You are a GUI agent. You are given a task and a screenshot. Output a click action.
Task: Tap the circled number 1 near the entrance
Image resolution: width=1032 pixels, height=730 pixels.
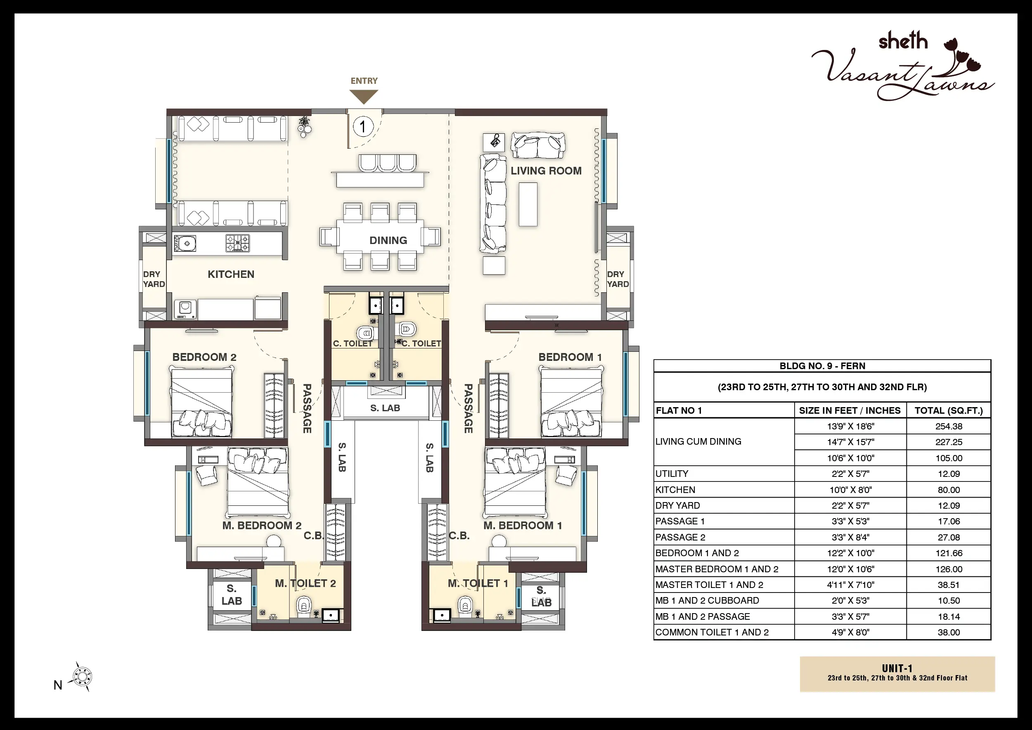point(363,126)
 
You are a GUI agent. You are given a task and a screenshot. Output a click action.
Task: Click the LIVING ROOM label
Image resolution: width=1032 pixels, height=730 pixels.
point(546,171)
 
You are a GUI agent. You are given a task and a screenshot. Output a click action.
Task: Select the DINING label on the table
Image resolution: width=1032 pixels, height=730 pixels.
point(388,240)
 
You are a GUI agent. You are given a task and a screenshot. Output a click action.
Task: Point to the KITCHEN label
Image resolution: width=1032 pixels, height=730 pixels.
point(231,274)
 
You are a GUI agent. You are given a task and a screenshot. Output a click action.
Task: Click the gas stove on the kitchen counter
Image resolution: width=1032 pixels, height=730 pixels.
point(237,243)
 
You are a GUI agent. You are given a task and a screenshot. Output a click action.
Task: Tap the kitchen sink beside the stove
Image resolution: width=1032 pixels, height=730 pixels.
point(185,244)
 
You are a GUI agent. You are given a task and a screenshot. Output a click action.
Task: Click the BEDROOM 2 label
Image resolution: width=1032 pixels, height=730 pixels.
point(204,357)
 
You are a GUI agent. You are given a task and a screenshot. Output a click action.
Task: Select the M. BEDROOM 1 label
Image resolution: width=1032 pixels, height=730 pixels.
point(523,525)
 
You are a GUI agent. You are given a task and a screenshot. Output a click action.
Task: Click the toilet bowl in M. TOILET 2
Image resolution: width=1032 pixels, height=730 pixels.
point(304,607)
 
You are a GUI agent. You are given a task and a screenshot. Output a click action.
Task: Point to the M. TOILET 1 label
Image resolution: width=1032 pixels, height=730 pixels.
point(478,583)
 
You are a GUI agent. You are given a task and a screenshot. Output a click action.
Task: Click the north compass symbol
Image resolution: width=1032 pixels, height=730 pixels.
point(82,676)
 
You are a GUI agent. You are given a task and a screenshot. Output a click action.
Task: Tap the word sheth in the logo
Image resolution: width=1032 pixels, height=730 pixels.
point(903,41)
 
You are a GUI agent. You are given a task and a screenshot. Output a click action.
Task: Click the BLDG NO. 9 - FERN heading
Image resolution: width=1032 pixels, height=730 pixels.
point(823,366)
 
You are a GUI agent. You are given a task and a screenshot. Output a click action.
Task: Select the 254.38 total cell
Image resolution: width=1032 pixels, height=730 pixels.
point(949,426)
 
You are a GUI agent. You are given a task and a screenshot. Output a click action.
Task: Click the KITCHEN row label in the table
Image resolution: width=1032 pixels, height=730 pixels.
point(675,490)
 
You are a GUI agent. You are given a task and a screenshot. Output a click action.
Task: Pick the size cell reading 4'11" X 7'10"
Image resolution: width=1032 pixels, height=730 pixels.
point(850,585)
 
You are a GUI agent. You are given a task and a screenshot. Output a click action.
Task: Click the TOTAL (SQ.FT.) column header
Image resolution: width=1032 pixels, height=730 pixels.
point(949,410)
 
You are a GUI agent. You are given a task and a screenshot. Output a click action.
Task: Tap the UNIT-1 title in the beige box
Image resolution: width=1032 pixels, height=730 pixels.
point(897,668)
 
